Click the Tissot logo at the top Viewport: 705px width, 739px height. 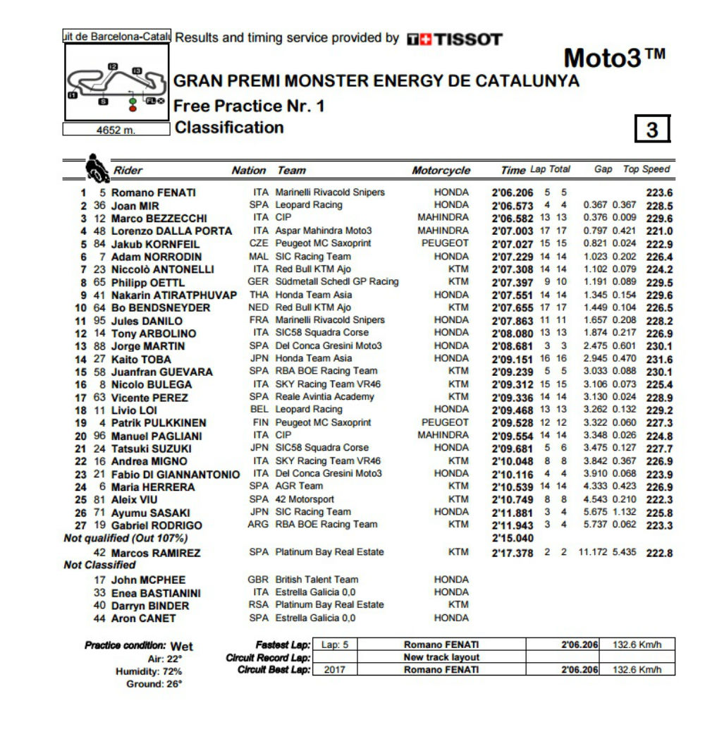[454, 39]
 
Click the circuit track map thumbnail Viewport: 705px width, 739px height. [116, 83]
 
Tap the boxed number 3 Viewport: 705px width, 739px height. [652, 129]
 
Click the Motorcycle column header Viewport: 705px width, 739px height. [441, 171]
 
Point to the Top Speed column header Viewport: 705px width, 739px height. [646, 169]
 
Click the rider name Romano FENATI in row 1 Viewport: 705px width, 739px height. [154, 193]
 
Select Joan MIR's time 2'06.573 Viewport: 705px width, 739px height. [513, 205]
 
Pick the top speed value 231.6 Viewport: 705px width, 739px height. [660, 359]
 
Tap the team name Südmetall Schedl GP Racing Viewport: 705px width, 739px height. [336, 281]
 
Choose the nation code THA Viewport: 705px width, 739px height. [259, 295]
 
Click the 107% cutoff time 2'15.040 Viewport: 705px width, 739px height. [513, 538]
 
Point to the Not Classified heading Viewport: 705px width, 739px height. [99, 565]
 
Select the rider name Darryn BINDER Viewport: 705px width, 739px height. [150, 606]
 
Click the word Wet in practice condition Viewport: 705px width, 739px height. [181, 646]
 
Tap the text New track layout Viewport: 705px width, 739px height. [441, 657]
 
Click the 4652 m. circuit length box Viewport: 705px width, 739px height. [116, 130]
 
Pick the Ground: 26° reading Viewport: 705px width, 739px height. [154, 684]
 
